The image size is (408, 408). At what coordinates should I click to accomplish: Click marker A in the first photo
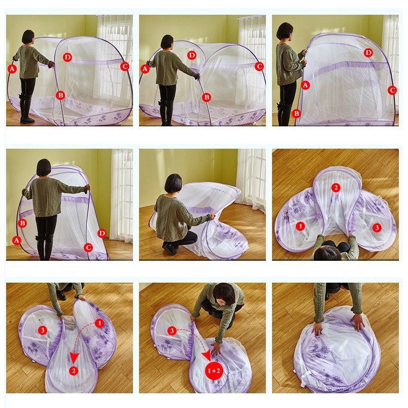click(12, 68)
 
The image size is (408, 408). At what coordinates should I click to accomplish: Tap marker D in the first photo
click(67, 57)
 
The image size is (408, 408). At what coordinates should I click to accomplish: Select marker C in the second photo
click(259, 66)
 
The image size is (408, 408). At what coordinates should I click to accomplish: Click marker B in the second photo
click(206, 97)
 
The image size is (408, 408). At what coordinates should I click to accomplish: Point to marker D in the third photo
click(368, 53)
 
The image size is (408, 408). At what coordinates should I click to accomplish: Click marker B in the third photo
click(296, 114)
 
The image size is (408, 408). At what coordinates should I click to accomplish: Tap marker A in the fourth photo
click(17, 241)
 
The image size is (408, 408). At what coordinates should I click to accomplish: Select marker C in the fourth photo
click(88, 248)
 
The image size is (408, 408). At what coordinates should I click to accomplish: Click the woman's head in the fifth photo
click(174, 183)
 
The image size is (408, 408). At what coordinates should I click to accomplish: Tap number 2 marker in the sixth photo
click(335, 188)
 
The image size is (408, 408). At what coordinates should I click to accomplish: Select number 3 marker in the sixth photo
click(377, 228)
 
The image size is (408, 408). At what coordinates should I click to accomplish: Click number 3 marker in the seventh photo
click(42, 330)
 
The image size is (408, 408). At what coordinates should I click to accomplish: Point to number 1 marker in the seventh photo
click(99, 323)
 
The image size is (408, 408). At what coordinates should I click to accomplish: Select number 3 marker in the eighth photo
click(173, 330)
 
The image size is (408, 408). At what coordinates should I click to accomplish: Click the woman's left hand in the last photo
click(358, 321)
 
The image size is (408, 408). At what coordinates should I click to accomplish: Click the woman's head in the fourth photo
click(44, 167)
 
